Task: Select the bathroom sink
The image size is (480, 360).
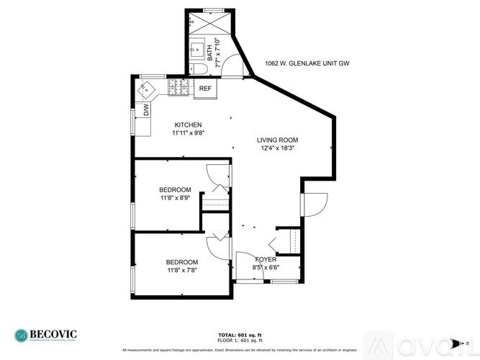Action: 195,50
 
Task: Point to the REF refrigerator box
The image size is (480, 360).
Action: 205,89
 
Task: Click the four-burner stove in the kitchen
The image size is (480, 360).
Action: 178,88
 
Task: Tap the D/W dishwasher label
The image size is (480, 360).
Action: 145,110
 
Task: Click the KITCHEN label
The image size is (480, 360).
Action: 187,125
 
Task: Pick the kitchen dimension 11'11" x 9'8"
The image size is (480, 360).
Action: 187,133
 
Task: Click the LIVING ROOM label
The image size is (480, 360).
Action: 278,140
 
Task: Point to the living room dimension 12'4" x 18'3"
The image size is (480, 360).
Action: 278,148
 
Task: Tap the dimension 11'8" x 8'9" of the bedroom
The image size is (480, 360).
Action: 176,198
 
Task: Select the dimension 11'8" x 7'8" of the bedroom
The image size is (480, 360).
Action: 182,271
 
